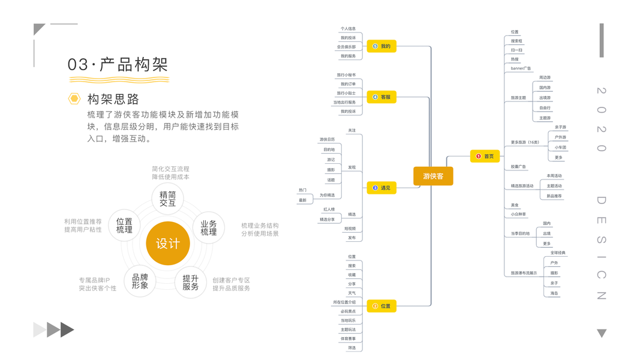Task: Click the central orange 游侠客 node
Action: tap(433, 176)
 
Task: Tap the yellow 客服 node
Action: tap(381, 97)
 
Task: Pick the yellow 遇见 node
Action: tap(381, 188)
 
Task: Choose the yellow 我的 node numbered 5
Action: tap(381, 46)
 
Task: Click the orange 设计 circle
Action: tap(168, 244)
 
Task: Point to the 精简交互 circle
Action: tap(168, 199)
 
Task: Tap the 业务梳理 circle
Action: tap(209, 227)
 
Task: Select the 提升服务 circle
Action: tap(191, 283)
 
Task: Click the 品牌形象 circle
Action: tap(140, 282)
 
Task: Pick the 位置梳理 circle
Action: tap(124, 226)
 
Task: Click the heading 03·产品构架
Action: tap(118, 64)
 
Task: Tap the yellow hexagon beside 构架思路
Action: tap(74, 98)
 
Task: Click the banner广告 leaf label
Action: tap(521, 68)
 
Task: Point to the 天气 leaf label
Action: tap(351, 293)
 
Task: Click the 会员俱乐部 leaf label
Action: tap(346, 47)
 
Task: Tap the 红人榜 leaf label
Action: tap(329, 209)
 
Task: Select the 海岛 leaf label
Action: tap(554, 293)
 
